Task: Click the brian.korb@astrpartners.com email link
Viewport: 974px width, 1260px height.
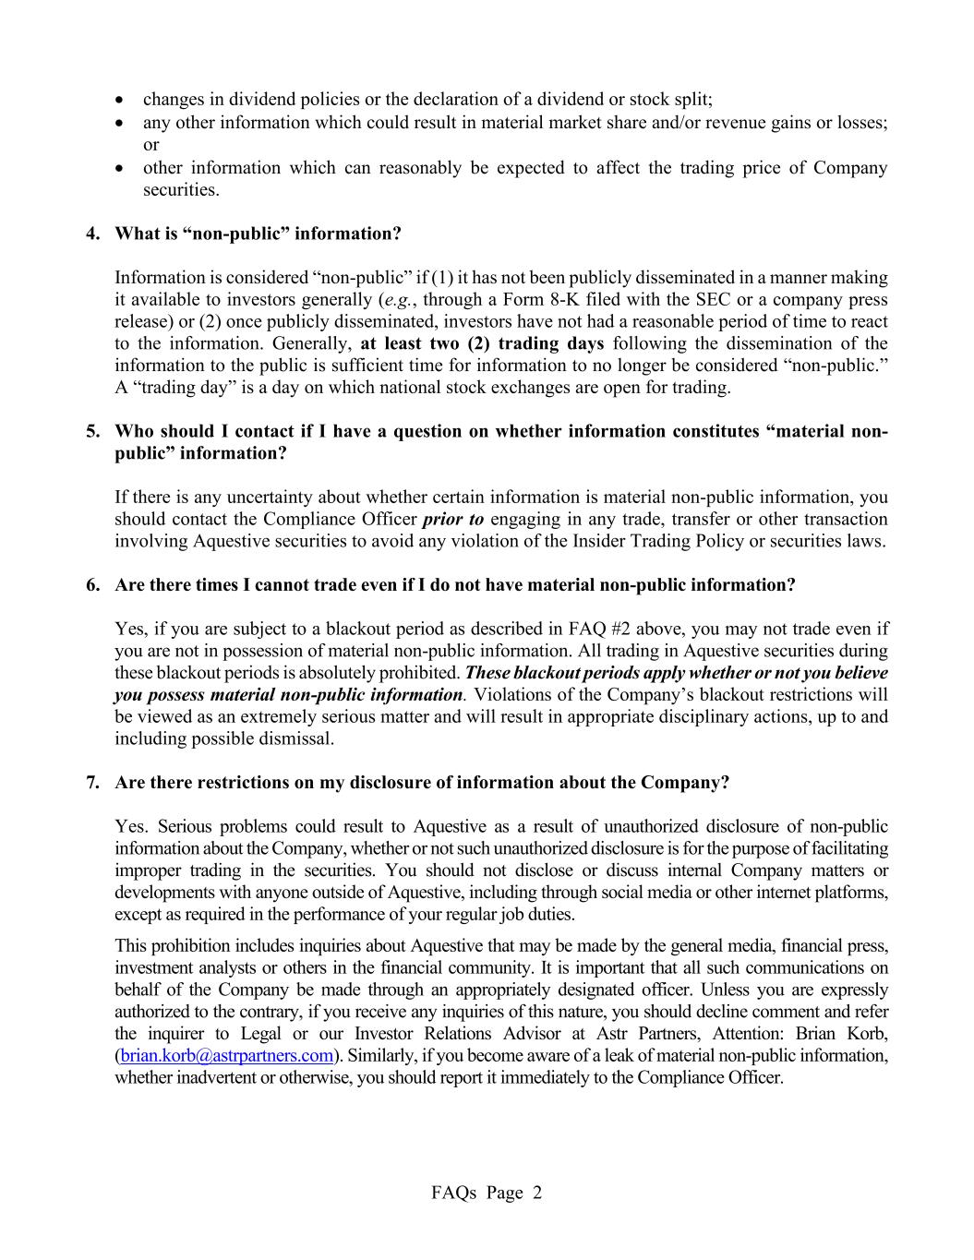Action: tap(226, 1055)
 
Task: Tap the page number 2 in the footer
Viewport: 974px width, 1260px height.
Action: tap(537, 1193)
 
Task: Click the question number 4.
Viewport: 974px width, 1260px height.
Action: tap(93, 234)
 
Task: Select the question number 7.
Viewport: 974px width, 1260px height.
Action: tap(93, 783)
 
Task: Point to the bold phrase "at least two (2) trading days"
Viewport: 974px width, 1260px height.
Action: tap(482, 343)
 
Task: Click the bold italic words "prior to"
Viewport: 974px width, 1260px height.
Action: tap(452, 519)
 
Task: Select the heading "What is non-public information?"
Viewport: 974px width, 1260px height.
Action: tap(258, 234)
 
